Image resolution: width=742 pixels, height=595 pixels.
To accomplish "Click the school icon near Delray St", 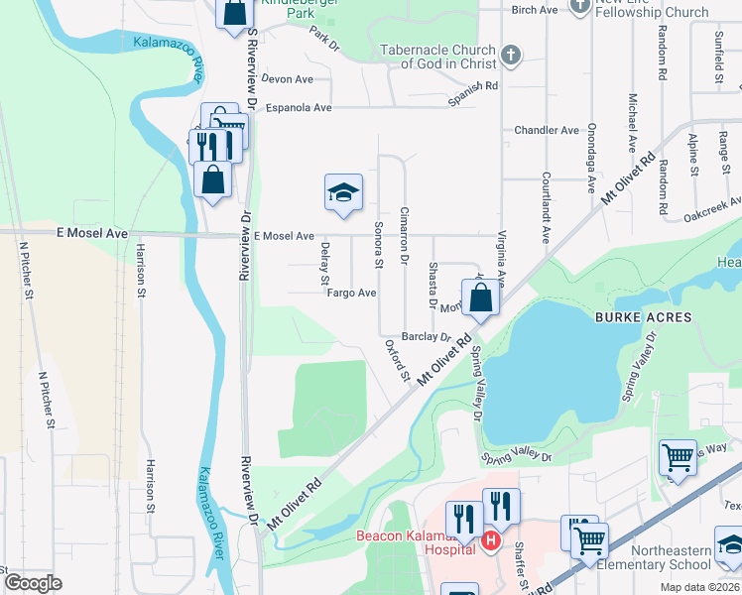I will (x=343, y=192).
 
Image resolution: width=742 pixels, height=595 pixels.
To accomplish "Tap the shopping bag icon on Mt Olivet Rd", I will (x=480, y=297).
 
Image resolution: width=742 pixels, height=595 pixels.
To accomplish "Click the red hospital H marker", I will (x=490, y=541).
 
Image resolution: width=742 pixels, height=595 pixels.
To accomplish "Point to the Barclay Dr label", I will (x=426, y=337).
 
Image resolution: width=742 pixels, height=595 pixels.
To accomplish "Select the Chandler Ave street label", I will (x=546, y=130).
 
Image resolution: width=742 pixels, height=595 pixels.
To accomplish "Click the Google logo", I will (x=33, y=583).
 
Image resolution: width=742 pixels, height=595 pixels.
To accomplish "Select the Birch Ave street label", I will (x=535, y=10).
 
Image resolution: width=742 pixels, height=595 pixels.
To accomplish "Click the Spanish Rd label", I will (x=471, y=87).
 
